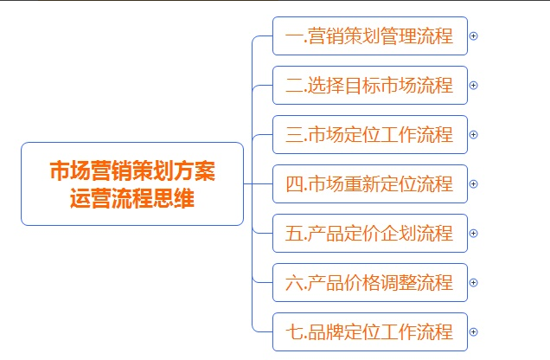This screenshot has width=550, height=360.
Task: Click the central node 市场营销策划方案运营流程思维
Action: pyautogui.click(x=132, y=183)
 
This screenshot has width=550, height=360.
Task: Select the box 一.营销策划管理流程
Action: pyautogui.click(x=370, y=35)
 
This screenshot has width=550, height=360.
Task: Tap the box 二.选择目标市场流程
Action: pyautogui.click(x=370, y=86)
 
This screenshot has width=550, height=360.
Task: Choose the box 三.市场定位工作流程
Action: pyautogui.click(x=370, y=134)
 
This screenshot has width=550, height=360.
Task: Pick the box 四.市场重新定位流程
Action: pyautogui.click(x=370, y=183)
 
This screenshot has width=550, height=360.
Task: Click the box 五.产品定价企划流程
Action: pyautogui.click(x=370, y=234)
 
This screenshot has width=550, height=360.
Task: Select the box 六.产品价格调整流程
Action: pyautogui.click(x=370, y=282)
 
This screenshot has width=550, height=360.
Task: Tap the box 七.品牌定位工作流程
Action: pyautogui.click(x=370, y=332)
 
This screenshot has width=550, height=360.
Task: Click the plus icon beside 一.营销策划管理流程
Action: pyautogui.click(x=474, y=35)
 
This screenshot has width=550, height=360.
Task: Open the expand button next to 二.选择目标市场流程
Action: pyautogui.click(x=474, y=86)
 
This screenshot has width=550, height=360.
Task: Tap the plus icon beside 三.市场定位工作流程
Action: pyautogui.click(x=474, y=134)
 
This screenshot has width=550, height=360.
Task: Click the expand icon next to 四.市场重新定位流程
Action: pyautogui.click(x=474, y=183)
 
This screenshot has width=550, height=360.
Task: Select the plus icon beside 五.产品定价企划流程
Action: pyautogui.click(x=474, y=234)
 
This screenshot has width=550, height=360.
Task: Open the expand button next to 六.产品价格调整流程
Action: pyautogui.click(x=474, y=282)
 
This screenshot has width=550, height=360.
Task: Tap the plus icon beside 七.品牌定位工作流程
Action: pyautogui.click(x=474, y=332)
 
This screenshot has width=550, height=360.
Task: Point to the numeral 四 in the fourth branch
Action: pyautogui.click(x=294, y=184)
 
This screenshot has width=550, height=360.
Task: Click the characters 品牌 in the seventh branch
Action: pyautogui.click(x=325, y=332)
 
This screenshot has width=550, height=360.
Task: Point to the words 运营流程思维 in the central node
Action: pyautogui.click(x=132, y=198)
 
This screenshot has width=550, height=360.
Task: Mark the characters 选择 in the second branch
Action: pyautogui.click(x=325, y=86)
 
